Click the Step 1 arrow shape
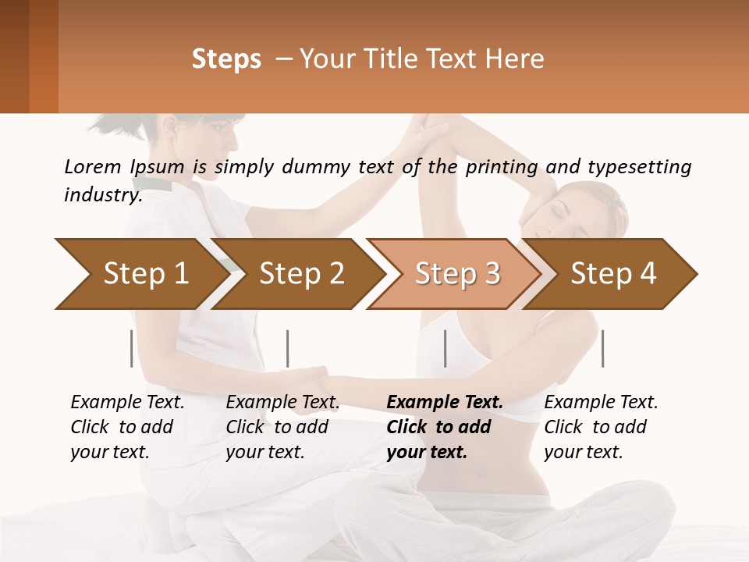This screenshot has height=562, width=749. click(x=140, y=274)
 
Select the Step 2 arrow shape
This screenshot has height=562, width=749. click(x=300, y=274)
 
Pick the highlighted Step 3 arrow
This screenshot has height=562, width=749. click(x=456, y=274)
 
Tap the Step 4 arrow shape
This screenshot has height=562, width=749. click(x=612, y=274)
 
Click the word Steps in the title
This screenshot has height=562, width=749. click(x=226, y=59)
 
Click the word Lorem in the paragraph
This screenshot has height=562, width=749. click(x=93, y=166)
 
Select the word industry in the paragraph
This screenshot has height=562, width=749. click(x=102, y=195)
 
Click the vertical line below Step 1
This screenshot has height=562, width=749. click(x=131, y=348)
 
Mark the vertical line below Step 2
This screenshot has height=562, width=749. click(x=288, y=348)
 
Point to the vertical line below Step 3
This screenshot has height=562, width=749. click(x=445, y=348)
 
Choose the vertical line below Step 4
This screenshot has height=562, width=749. click(x=602, y=348)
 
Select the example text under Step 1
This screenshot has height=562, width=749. click(x=127, y=426)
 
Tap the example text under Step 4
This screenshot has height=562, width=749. click(x=601, y=426)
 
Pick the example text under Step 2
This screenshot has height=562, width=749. click(x=282, y=426)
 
